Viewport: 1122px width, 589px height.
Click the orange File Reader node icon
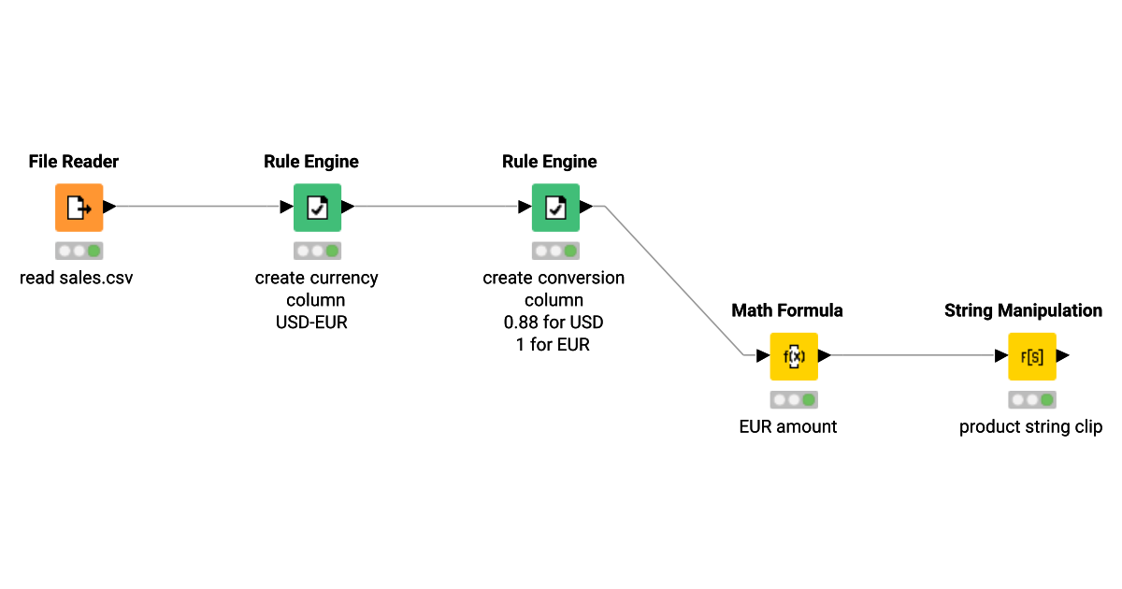point(79,207)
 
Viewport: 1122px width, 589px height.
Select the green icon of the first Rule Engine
point(317,207)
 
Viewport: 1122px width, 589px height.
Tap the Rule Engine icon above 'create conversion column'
point(555,207)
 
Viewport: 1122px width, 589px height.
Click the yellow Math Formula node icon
point(794,356)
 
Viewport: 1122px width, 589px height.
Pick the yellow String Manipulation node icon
point(1032,356)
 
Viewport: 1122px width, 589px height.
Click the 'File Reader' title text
point(74,162)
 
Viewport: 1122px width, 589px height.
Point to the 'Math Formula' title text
point(787,310)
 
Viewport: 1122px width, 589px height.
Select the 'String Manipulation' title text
point(1023,310)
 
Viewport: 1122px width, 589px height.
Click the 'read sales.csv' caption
point(77,278)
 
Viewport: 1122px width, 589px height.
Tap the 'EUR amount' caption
point(788,426)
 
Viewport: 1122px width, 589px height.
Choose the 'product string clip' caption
point(1031,426)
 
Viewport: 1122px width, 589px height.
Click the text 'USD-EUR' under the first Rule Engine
point(316,323)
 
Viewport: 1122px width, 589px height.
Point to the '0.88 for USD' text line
point(554,323)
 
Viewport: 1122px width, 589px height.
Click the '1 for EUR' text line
point(554,344)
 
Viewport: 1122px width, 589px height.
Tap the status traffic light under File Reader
point(79,251)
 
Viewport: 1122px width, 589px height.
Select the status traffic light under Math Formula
point(794,400)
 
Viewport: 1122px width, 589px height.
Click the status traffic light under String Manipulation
point(1032,400)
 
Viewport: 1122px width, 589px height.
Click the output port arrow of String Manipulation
point(1064,356)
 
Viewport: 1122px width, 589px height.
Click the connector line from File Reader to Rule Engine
point(196,207)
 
